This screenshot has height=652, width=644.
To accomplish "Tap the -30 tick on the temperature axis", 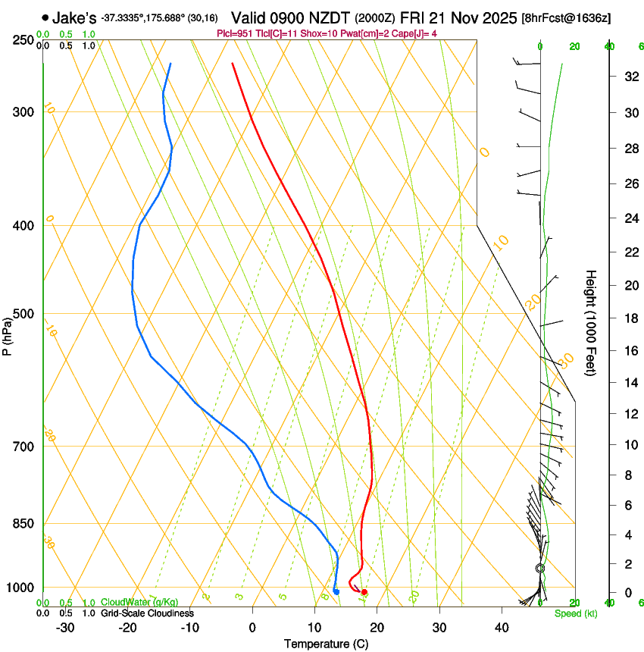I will [65, 627].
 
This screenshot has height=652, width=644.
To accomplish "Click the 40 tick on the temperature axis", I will [501, 627].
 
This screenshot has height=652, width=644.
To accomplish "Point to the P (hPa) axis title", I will [8, 334].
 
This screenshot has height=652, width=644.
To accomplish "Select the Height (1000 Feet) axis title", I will [591, 323].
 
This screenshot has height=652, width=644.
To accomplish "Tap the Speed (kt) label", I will [575, 613].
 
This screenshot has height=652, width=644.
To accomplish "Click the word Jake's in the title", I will [74, 17].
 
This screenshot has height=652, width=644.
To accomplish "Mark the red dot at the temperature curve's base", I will [364, 591].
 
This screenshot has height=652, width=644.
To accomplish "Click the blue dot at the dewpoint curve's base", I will [336, 591].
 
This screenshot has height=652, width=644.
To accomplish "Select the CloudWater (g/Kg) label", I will [139, 603].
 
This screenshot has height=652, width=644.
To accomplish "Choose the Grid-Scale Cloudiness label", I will [147, 613].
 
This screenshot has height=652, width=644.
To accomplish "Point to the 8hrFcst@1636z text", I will [567, 17].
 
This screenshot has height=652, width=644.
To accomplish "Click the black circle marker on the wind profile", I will [540, 568].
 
